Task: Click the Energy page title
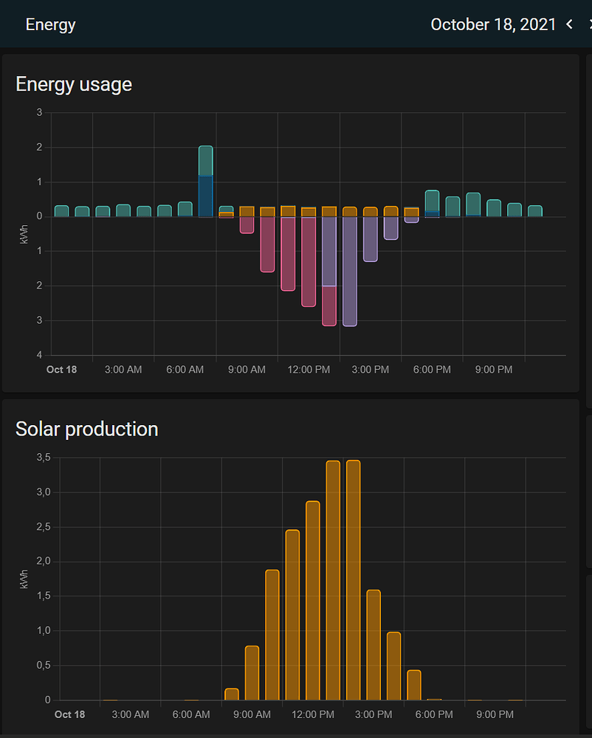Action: tap(50, 24)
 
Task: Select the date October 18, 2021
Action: tap(493, 24)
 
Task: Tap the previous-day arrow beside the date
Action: tap(569, 24)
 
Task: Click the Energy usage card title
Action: tap(74, 84)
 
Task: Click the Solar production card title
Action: tap(86, 429)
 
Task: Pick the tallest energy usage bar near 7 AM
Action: tap(206, 181)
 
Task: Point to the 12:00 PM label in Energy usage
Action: tap(309, 369)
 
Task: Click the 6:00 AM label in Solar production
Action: tap(191, 714)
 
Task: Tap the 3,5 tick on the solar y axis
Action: tap(44, 458)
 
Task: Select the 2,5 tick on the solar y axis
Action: tap(44, 527)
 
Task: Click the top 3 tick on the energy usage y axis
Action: tap(39, 112)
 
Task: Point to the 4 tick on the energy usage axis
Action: tap(39, 355)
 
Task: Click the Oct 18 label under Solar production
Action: tap(70, 714)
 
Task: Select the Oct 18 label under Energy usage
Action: tap(61, 369)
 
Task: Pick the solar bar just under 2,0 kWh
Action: tap(272, 635)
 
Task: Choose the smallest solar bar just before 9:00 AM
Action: tap(232, 694)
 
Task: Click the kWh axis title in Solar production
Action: tap(25, 578)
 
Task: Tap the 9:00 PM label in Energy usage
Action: tap(494, 369)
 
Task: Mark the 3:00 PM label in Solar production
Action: tap(374, 714)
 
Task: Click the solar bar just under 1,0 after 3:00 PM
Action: tap(393, 666)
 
